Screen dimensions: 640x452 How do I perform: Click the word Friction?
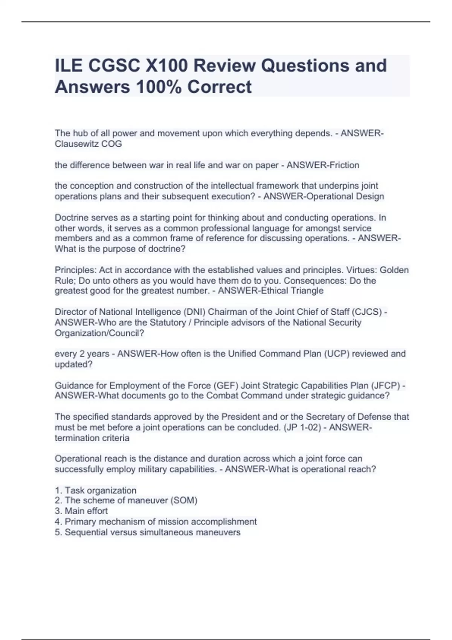(x=342, y=165)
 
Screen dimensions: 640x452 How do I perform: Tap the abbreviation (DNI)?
(x=194, y=312)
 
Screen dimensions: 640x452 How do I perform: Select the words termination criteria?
(x=92, y=438)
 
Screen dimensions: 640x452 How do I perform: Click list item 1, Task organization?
(x=96, y=490)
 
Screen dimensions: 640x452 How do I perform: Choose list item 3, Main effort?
(x=81, y=511)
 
